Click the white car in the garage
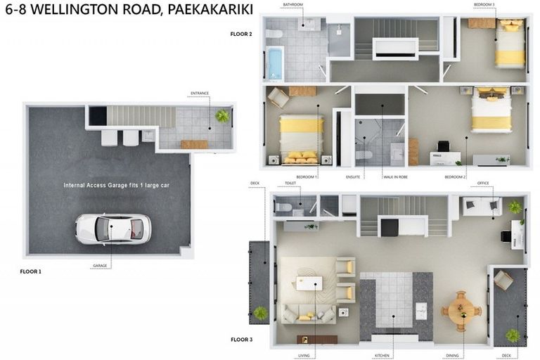(x=112, y=229)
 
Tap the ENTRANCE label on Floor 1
(x=200, y=93)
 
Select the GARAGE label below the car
(x=99, y=266)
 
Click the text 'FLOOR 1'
(x=31, y=271)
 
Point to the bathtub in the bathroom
(x=274, y=64)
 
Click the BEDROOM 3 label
(x=484, y=4)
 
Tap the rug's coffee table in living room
(x=309, y=283)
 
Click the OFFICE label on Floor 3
(x=483, y=184)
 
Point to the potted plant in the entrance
(x=222, y=116)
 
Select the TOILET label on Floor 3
(x=290, y=183)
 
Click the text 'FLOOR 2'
(x=241, y=34)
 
